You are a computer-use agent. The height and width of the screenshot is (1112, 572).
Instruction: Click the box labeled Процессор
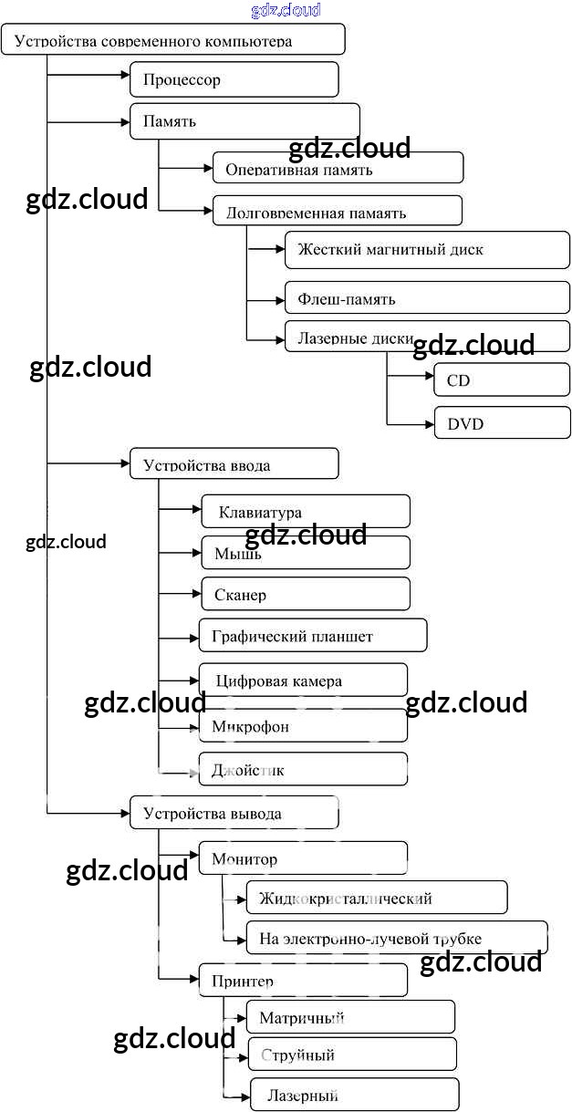pos(234,79)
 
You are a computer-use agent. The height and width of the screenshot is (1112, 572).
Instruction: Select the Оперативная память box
pos(338,169)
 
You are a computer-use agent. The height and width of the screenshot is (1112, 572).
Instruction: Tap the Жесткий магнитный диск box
pos(427,250)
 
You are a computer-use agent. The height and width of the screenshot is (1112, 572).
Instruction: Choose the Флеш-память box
pos(427,298)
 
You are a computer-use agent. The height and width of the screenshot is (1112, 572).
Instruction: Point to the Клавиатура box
pos(305,512)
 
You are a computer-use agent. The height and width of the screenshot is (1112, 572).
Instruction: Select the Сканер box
pos(305,595)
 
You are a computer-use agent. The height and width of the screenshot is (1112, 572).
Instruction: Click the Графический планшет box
pos(313,636)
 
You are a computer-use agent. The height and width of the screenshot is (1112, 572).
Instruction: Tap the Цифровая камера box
pos(303,681)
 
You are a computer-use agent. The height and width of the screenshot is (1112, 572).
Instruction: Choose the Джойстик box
pos(303,770)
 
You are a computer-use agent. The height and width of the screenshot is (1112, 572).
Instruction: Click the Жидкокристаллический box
pos(376,898)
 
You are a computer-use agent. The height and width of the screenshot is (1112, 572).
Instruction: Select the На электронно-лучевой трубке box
pos(397,938)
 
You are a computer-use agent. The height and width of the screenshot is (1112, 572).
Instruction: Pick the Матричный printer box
pos(350,1017)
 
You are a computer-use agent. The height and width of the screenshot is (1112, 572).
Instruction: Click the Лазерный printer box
pos(354,1095)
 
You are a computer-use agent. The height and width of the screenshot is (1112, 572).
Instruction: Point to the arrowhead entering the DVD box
pos(429,423)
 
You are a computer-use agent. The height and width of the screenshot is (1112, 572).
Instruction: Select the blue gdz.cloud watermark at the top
pos(286,10)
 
